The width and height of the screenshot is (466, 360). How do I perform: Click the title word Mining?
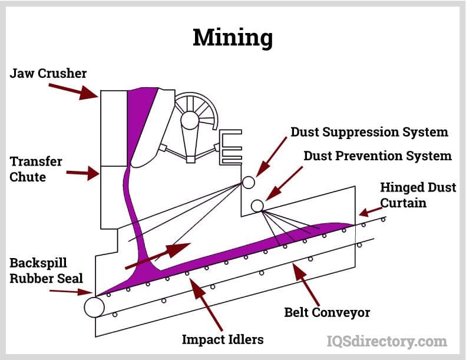click(233, 38)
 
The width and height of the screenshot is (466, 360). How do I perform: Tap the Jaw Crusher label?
click(48, 74)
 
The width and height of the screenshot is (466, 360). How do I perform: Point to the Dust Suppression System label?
click(369, 132)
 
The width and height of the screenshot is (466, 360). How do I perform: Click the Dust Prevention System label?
click(377, 156)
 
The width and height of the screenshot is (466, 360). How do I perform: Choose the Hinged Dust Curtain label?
click(418, 195)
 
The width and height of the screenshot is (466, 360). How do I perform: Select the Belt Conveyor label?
click(327, 312)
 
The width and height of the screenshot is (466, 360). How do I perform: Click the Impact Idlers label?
click(222, 339)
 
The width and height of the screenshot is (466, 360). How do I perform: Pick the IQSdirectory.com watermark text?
click(386, 341)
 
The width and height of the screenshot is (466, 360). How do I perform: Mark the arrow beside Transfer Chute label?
click(82, 173)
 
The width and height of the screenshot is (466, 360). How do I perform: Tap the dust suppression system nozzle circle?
click(249, 182)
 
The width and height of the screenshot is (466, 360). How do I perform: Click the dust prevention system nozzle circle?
click(257, 206)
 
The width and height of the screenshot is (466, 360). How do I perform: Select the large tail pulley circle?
click(94, 307)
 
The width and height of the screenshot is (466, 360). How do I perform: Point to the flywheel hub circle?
click(190, 120)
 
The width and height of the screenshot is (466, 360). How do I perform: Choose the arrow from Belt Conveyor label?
click(308, 283)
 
